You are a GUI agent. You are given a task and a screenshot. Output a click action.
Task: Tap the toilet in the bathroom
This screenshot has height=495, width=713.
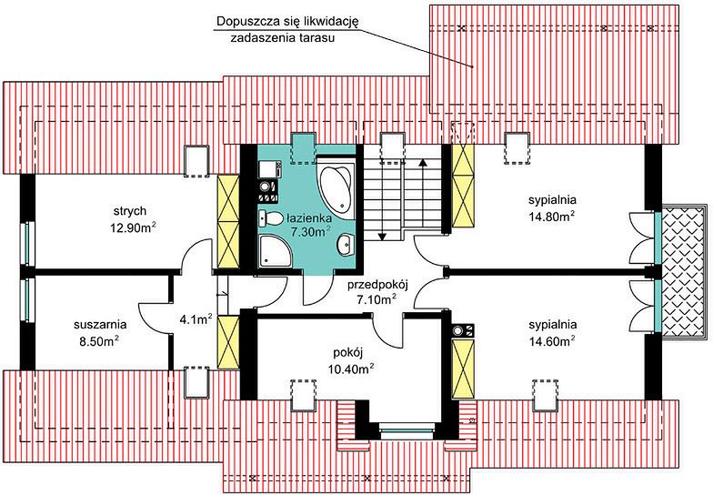point(269,218)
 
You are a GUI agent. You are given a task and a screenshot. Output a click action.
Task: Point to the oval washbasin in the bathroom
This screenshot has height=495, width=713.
point(346,246)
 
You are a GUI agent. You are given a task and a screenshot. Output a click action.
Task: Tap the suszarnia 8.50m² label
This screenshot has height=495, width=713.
point(100,333)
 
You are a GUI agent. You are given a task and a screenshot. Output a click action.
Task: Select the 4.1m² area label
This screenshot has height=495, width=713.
point(196,318)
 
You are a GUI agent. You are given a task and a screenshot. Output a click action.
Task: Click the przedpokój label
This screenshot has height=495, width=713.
point(378,286)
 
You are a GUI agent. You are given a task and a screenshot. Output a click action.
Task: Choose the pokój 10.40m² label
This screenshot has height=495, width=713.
point(351,360)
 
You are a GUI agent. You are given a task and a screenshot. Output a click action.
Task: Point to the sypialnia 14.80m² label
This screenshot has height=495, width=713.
point(553,207)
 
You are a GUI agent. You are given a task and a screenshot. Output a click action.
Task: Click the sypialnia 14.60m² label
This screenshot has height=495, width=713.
point(553,332)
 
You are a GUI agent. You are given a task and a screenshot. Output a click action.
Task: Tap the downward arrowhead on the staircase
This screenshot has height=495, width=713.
point(382,237)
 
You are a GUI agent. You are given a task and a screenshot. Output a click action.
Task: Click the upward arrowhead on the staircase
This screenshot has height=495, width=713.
point(424,162)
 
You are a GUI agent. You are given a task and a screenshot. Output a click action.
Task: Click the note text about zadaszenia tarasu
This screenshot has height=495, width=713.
point(287,29)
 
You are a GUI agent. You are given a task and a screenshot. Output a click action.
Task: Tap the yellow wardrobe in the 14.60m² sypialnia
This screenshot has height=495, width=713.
point(464,369)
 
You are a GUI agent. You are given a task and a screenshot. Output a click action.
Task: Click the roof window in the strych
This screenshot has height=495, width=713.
point(196,161)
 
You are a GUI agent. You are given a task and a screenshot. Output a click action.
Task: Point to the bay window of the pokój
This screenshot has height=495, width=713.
point(407,428)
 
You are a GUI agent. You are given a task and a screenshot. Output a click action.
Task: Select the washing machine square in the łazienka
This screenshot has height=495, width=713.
point(267,169)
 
